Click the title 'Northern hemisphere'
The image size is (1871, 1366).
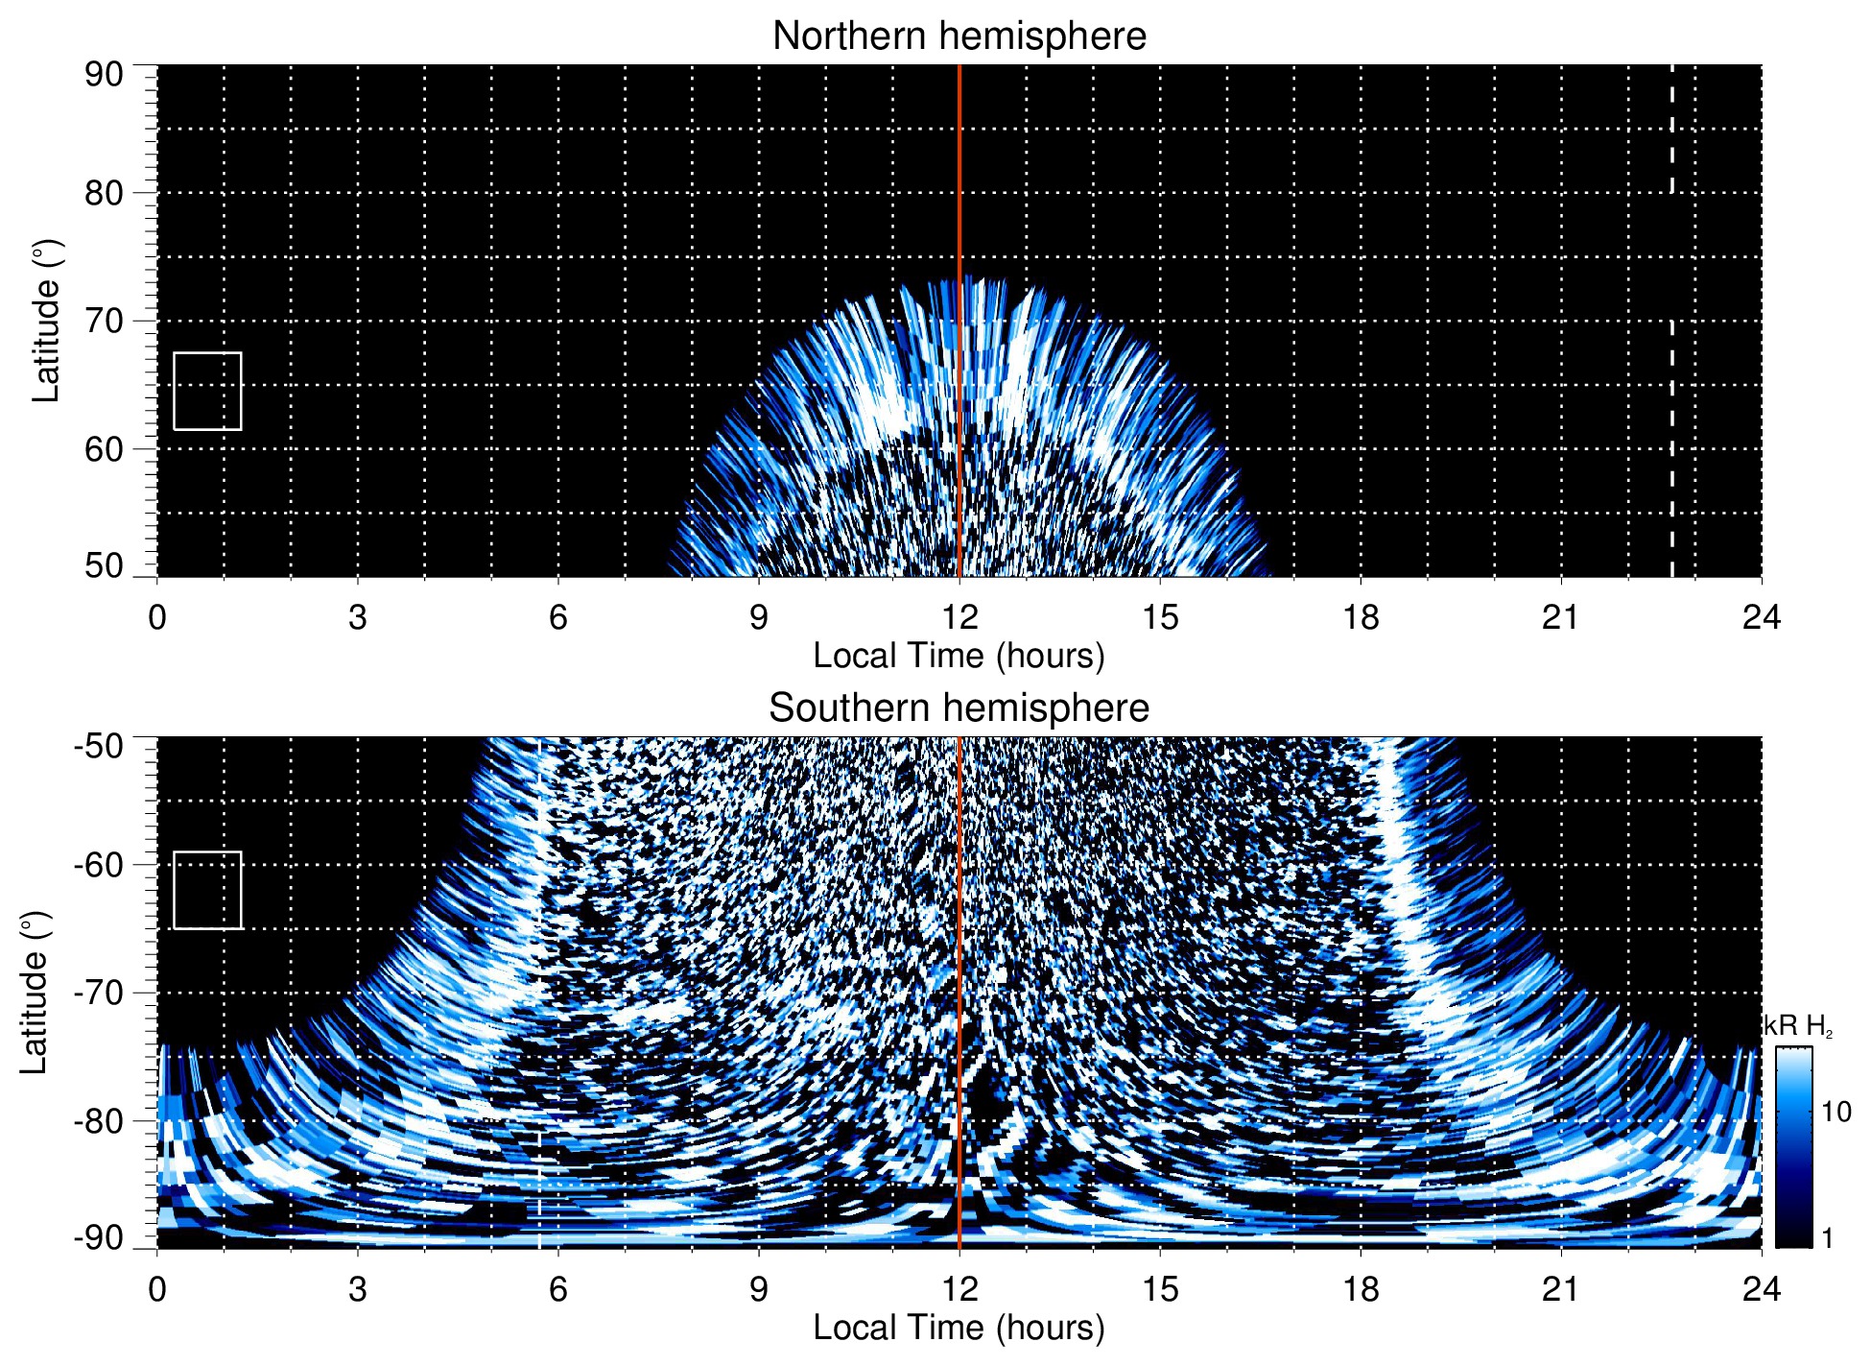959,36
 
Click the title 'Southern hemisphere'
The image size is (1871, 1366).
959,708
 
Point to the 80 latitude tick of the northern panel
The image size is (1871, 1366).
105,193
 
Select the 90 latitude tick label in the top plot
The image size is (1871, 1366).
105,75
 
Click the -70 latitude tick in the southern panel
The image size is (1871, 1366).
99,993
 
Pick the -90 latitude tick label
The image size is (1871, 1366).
99,1237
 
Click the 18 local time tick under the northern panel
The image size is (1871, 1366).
1361,617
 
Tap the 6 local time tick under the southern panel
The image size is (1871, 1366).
558,1289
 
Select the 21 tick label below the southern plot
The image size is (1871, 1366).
1561,1289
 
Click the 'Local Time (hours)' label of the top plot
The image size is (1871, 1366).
959,657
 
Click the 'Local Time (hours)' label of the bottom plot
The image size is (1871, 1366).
959,1329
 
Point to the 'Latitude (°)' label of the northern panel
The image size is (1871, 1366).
46,321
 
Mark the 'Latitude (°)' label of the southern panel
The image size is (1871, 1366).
35,993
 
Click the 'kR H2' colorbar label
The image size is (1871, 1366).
1798,1026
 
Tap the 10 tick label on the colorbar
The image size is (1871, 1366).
1836,1113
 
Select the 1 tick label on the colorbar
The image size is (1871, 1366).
1827,1238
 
